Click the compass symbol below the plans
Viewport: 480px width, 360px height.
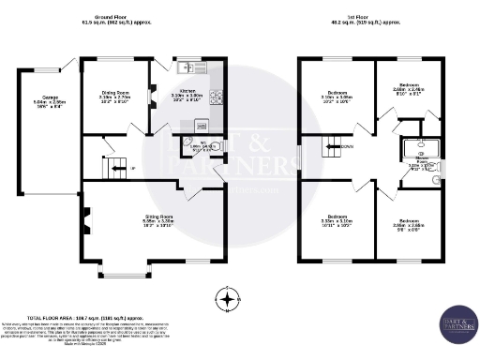point(227,300)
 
